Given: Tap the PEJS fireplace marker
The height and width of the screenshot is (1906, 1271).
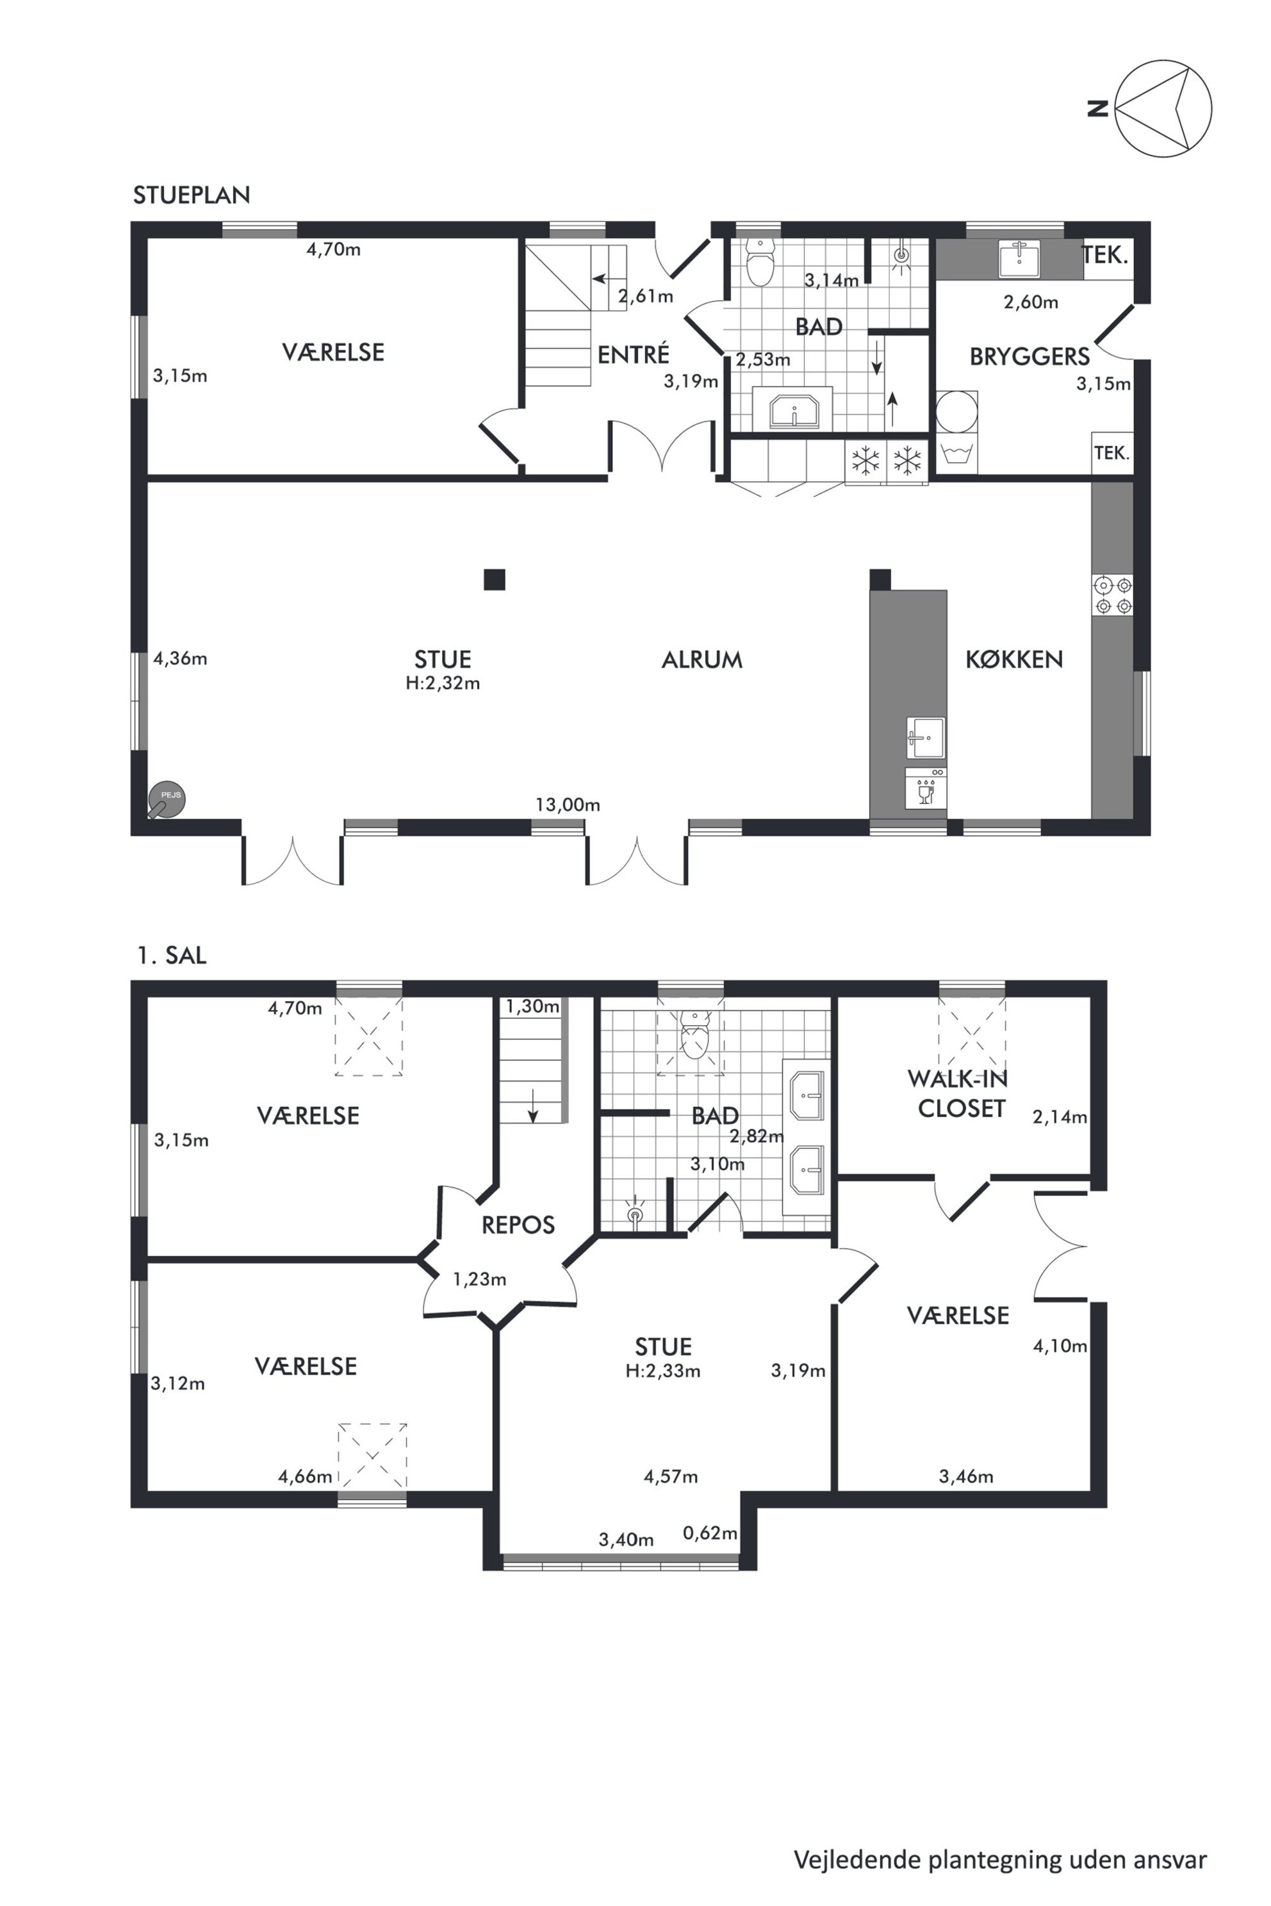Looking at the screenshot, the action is point(166,801).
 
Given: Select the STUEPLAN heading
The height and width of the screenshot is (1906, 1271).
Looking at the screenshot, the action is point(192,195).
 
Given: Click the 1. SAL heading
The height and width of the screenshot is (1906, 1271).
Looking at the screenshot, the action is point(172,956).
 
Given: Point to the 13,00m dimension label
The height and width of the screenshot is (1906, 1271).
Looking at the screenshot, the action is point(568,804).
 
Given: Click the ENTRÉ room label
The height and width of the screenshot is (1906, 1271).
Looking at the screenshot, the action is point(634,354).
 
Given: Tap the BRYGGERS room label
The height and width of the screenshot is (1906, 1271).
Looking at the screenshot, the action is point(1029,357).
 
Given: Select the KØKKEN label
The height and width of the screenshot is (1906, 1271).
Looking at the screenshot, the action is point(1014,660).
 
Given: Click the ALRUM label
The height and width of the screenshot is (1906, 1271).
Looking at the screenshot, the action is point(702,660).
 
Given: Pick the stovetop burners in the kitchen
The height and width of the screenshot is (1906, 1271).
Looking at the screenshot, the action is point(1113,595).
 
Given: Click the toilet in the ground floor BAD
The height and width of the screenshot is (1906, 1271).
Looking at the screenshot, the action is point(761,262).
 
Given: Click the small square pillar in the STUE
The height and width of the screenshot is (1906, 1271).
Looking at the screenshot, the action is point(495,580).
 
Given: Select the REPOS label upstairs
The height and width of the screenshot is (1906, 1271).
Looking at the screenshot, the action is point(518,1225).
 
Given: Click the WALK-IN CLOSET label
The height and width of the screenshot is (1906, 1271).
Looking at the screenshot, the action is point(959,1093).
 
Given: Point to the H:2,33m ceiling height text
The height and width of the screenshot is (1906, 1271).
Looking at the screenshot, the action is point(663,1371).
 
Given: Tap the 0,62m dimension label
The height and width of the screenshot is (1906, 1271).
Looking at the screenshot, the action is point(710,1533).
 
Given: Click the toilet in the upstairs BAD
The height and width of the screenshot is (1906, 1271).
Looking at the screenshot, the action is point(694,1036).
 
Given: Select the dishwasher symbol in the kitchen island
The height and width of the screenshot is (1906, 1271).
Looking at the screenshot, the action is point(926,787).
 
